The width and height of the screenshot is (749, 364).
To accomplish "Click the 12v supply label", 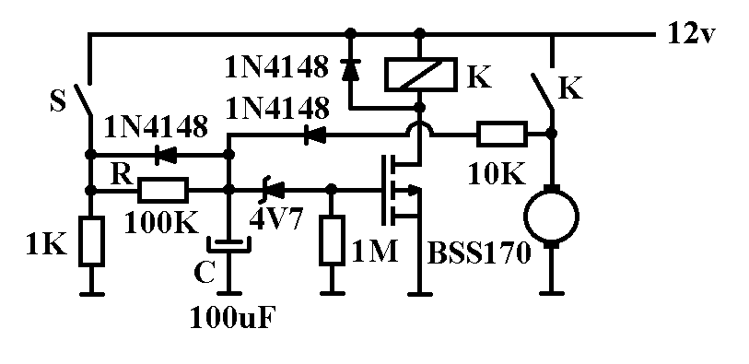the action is point(691,34).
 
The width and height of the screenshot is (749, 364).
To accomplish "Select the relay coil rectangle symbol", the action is point(420,74).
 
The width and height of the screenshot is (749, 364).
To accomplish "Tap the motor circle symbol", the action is point(552,217).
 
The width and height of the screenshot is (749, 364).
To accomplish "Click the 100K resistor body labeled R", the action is point(163,190).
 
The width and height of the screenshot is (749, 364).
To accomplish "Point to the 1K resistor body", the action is point(92,241).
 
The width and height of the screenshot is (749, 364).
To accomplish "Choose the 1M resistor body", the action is point(332,241).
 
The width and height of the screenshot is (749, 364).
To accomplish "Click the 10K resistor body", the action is point(502,134).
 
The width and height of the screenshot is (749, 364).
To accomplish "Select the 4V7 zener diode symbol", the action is point(274,190).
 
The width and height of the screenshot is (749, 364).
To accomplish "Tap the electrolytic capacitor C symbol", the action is point(229,244).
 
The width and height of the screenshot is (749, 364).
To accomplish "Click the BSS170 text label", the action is point(479,253).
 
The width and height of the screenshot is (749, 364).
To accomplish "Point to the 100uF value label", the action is point(234,319).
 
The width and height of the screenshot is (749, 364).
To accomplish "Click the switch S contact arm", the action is point(82,100).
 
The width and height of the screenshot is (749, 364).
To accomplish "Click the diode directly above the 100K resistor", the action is point(162,155).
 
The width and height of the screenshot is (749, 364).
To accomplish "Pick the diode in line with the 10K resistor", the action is point(315,136).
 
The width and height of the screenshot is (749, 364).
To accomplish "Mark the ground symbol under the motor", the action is point(552,292).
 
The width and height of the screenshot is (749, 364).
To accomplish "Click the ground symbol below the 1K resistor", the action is point(92,293).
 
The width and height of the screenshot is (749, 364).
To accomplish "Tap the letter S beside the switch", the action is point(58,102).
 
